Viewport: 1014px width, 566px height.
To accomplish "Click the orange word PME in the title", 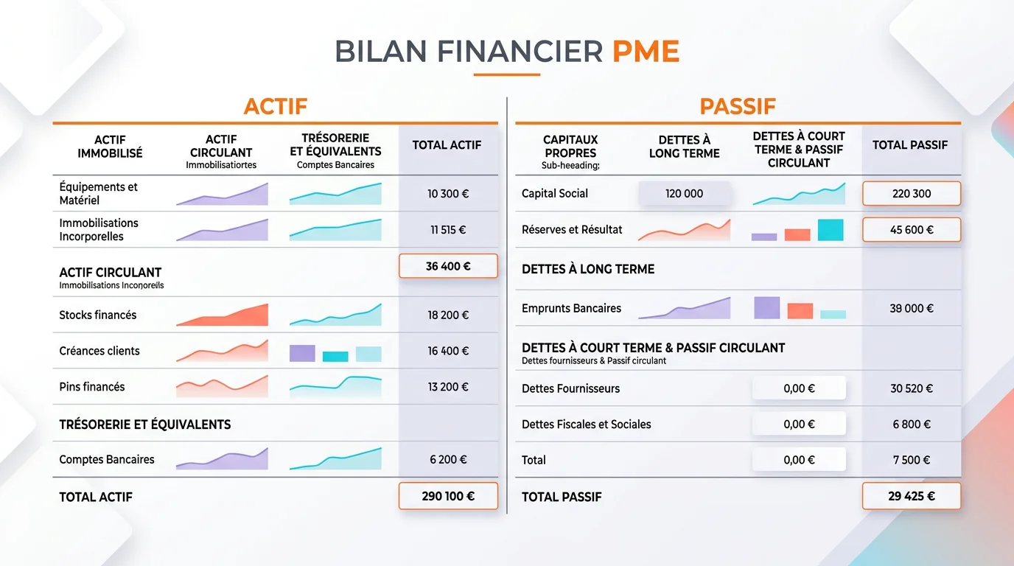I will [x=646, y=52].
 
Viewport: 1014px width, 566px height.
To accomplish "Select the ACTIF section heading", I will [x=275, y=106].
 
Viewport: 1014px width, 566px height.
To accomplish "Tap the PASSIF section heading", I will [x=737, y=106].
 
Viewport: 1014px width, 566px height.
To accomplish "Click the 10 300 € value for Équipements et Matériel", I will [x=448, y=194].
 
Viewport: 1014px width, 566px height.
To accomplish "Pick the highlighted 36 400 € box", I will [x=448, y=266].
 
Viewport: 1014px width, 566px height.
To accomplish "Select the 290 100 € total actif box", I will [x=448, y=496].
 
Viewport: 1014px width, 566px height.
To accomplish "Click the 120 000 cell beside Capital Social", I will [x=684, y=194].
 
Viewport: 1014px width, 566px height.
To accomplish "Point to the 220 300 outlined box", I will [x=911, y=194].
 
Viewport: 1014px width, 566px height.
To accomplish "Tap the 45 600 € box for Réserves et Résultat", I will [x=911, y=230].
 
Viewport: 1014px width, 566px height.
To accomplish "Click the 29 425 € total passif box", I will [x=911, y=496].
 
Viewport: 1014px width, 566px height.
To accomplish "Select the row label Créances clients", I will [x=99, y=351].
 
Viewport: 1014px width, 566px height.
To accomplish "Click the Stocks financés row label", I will [x=98, y=315].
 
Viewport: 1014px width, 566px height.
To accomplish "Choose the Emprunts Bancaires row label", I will [x=571, y=308].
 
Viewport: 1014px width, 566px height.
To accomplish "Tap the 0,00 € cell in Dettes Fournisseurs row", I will [x=799, y=388].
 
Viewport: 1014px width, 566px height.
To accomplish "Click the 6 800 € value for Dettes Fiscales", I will [x=911, y=424].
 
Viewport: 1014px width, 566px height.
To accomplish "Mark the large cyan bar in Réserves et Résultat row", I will [x=831, y=230].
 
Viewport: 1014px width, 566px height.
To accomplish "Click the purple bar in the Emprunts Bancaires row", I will [x=766, y=307].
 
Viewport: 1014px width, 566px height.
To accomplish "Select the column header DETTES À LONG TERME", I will [x=684, y=146].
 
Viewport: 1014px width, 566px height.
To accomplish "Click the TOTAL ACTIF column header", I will [x=447, y=145].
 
